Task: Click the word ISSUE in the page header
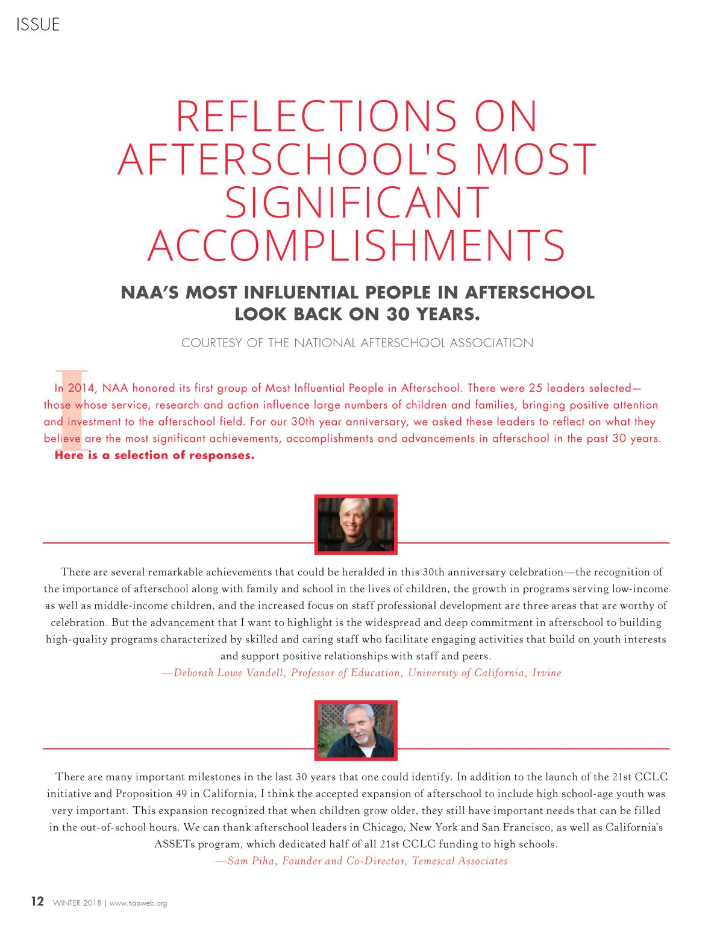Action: [38, 25]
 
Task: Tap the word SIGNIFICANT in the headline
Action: [357, 203]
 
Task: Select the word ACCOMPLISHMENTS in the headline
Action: [357, 246]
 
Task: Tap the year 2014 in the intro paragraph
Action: [81, 388]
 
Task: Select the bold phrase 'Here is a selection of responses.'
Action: [155, 456]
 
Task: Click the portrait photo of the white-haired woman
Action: [356, 524]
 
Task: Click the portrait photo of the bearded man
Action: [356, 730]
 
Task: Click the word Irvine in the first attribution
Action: [546, 673]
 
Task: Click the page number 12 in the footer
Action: [37, 901]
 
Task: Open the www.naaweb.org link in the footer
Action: [138, 903]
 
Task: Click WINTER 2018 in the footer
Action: [77, 903]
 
